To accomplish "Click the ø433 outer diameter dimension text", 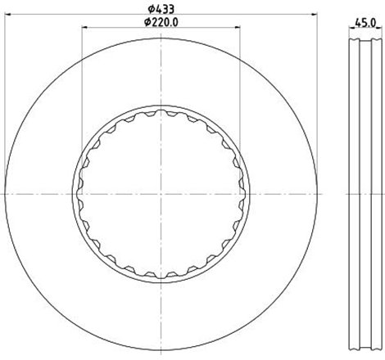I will (x=160, y=8).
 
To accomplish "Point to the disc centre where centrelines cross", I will (x=161, y=194).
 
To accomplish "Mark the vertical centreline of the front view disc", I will (x=161, y=82).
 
